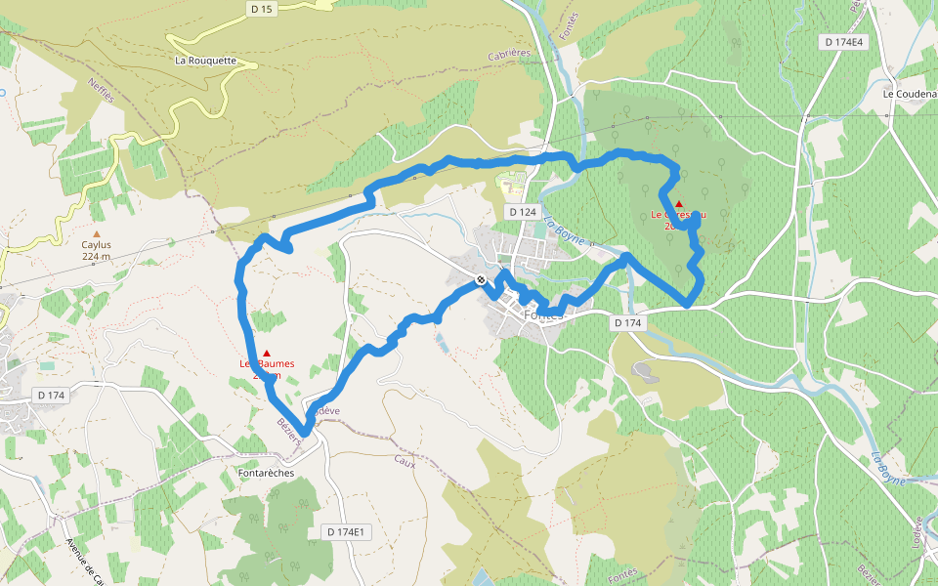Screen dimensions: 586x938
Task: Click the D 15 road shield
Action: [x=261, y=9]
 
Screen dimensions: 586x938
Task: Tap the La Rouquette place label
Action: [x=205, y=60]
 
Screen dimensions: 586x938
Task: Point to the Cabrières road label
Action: [x=509, y=57]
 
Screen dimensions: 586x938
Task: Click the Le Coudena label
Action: [x=909, y=94]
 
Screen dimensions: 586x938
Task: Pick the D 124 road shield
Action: [x=522, y=212]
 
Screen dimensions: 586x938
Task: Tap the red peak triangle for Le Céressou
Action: [x=679, y=204]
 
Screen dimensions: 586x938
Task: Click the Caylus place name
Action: [x=96, y=245]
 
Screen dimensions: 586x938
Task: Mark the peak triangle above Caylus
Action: [x=96, y=233]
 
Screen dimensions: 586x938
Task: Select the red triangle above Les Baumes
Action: [x=267, y=353]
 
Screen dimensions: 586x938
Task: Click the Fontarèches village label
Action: [x=266, y=473]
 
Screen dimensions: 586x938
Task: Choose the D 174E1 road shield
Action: [x=345, y=531]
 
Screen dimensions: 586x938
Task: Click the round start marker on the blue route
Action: [x=482, y=280]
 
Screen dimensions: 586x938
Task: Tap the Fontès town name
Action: [x=544, y=315]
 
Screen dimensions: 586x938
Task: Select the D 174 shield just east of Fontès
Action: [x=627, y=321]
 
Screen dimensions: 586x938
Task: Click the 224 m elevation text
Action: [x=96, y=257]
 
